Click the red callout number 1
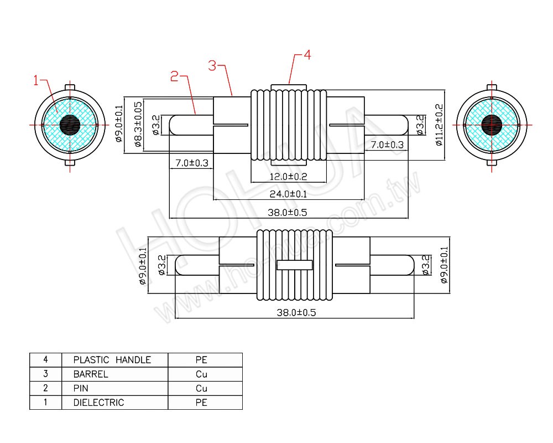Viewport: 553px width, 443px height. tap(36, 81)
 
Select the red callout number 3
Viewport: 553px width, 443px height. tap(212, 66)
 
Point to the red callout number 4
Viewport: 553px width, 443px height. tap(307, 55)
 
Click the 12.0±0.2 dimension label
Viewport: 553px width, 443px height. tap(288, 177)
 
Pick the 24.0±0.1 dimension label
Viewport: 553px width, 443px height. tap(288, 194)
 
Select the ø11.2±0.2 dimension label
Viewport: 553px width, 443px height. tap(440, 125)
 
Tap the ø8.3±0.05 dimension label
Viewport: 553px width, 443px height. tap(138, 125)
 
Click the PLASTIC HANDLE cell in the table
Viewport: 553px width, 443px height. tap(112, 360)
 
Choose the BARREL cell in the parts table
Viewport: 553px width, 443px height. tap(91, 374)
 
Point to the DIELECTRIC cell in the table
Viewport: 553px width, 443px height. tap(98, 403)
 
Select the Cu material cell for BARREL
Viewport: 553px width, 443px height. tap(201, 374)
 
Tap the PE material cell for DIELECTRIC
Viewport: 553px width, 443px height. tap(201, 403)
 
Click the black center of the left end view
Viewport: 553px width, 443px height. tap(70, 125)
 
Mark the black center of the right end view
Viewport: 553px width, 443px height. tap(491, 125)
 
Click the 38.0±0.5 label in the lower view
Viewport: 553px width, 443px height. tap(296, 312)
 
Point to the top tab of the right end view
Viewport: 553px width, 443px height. tap(491, 87)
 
